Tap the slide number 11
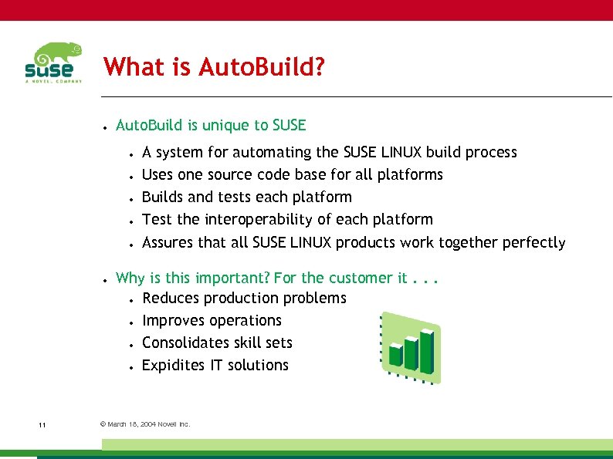42,424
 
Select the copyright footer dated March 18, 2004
145,424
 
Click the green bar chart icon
411,347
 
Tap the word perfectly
533,242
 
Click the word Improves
175,320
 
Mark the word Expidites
174,365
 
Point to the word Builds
161,197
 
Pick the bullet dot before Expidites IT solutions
133,366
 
